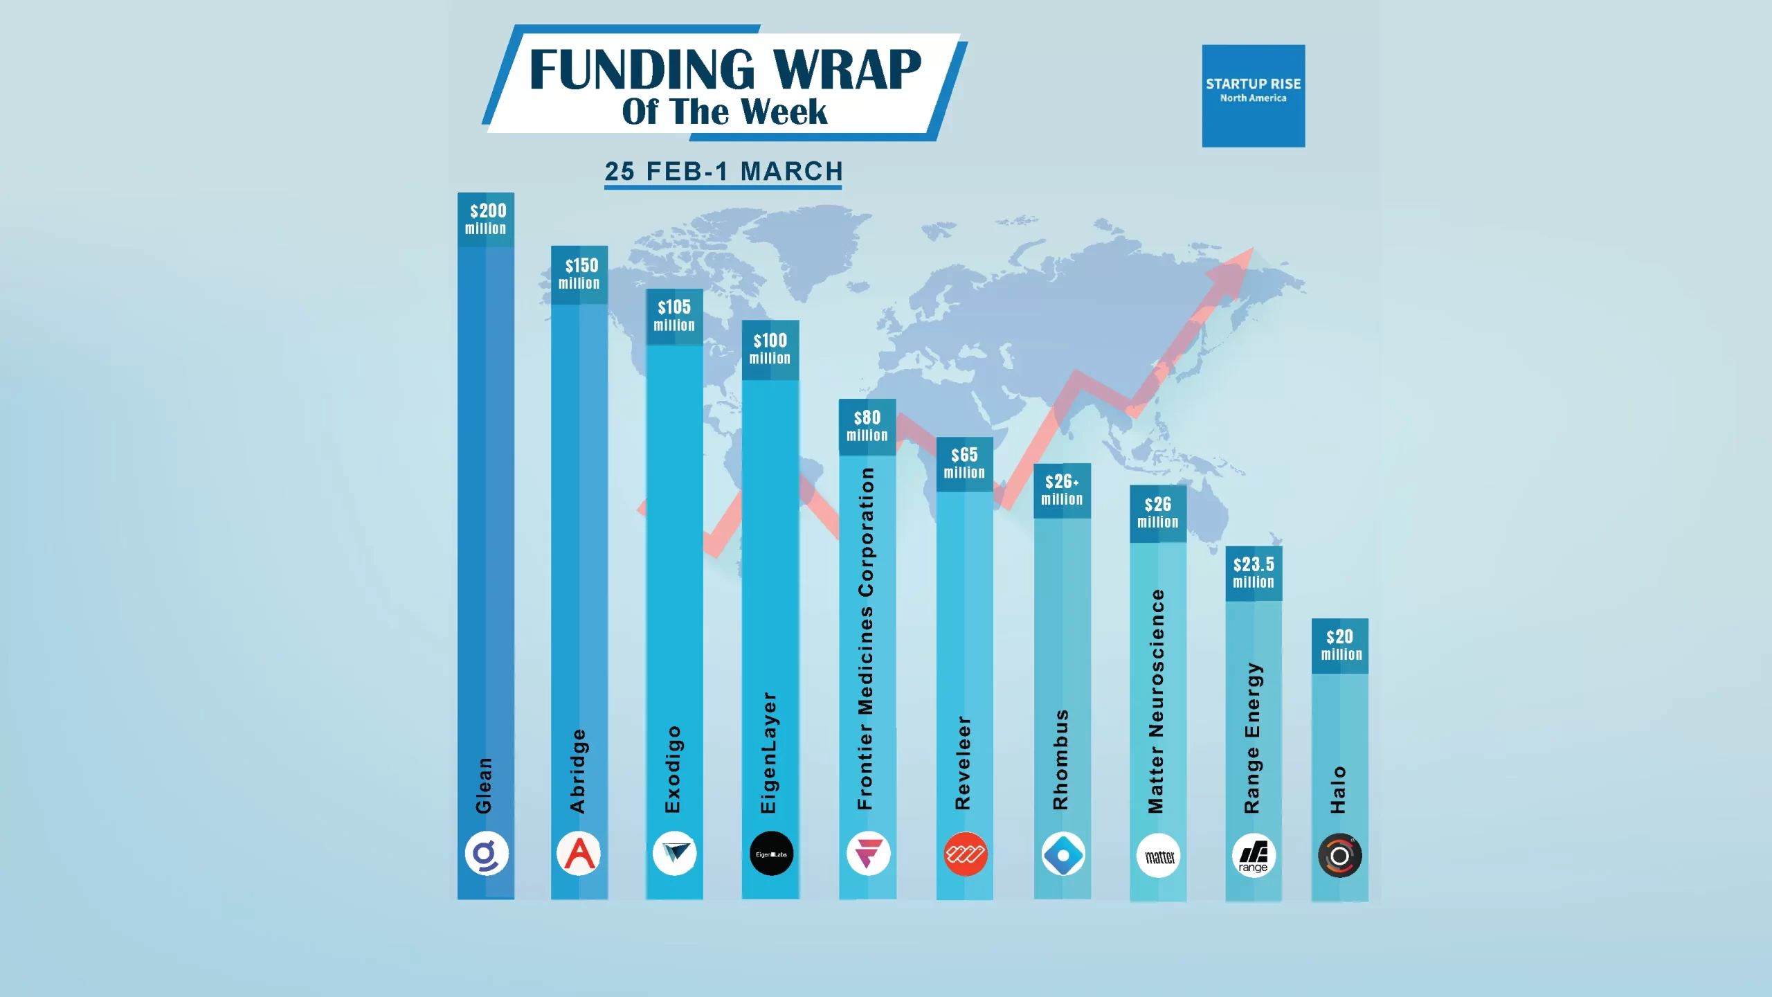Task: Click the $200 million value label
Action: pyautogui.click(x=486, y=219)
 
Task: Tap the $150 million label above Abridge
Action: pyautogui.click(x=579, y=274)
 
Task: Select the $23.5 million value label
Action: pyautogui.click(x=1254, y=573)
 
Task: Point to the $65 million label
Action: pyautogui.click(x=964, y=463)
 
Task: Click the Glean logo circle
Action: pyautogui.click(x=486, y=854)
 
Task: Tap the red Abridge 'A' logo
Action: pyautogui.click(x=579, y=854)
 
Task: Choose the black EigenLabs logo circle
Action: pyautogui.click(x=771, y=854)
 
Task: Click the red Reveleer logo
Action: pyautogui.click(x=965, y=854)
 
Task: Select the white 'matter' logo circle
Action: pyautogui.click(x=1159, y=856)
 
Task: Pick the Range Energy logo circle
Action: pyautogui.click(x=1254, y=856)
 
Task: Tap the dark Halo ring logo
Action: pyautogui.click(x=1339, y=856)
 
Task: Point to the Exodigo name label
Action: pyautogui.click(x=673, y=769)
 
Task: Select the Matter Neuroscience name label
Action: pyautogui.click(x=1156, y=701)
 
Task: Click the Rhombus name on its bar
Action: pyautogui.click(x=1060, y=760)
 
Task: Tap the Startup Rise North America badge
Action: pyautogui.click(x=1253, y=96)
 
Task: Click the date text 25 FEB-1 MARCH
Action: pyautogui.click(x=723, y=171)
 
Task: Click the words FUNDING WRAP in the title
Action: pyautogui.click(x=725, y=69)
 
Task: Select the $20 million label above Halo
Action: pyautogui.click(x=1340, y=645)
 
